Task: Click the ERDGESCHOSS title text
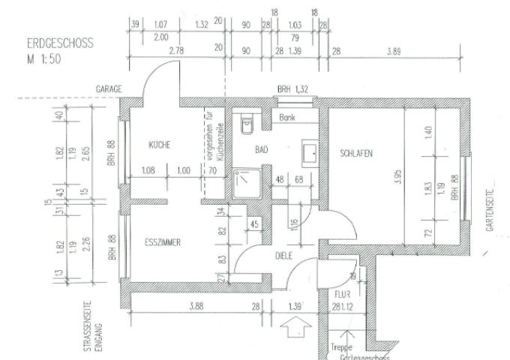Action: pos(59,43)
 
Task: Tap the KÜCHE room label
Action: pos(160,145)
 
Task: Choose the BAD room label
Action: pos(261,150)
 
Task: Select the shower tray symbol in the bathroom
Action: pos(246,182)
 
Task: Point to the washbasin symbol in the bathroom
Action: pos(309,154)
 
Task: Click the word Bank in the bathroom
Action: pos(287,118)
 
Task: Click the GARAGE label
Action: pos(109,88)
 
